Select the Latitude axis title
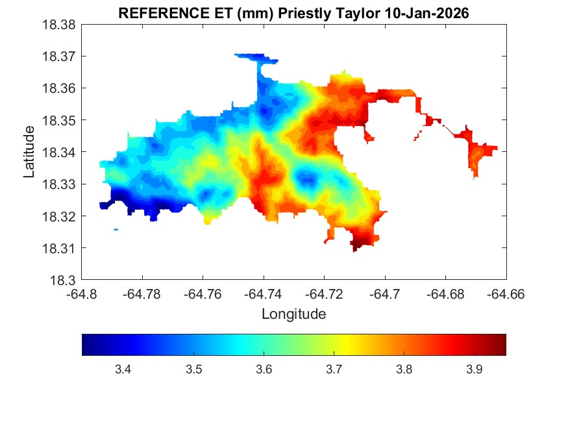pyautogui.click(x=29, y=153)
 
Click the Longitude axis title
pyautogui.click(x=293, y=314)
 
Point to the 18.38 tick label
pyautogui.click(x=60, y=25)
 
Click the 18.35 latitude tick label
pyautogui.click(x=60, y=121)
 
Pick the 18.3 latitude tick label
pyautogui.click(x=65, y=281)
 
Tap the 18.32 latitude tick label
pyautogui.click(x=60, y=216)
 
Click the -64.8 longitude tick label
pyautogui.click(x=82, y=295)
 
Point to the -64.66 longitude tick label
pyautogui.click(x=506, y=295)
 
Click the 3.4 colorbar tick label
pyautogui.click(x=123, y=370)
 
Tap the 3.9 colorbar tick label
pyautogui.click(x=474, y=370)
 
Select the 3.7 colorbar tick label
pyautogui.click(x=334, y=370)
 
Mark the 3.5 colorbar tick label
pyautogui.click(x=193, y=370)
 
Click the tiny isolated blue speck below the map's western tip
pyautogui.click(x=116, y=229)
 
